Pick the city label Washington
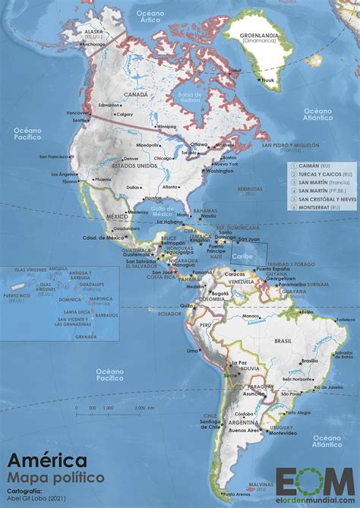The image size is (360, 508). (x=219, y=171)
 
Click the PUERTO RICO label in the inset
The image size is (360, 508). (x=16, y=295)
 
